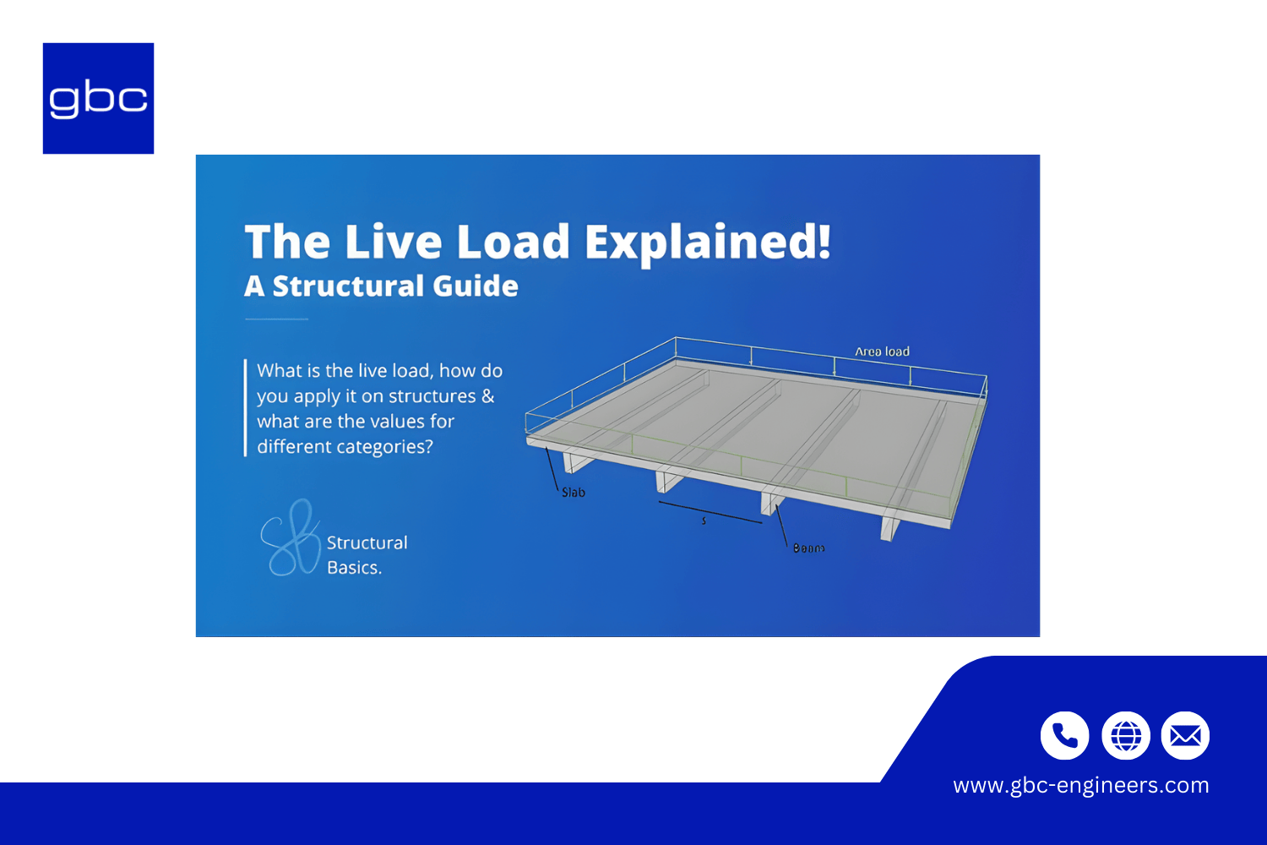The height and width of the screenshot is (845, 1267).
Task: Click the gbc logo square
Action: coord(98,98)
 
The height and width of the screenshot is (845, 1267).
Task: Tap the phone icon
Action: coord(1064,736)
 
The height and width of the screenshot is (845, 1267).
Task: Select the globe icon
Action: coord(1125,736)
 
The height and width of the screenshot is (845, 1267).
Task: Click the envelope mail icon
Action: coord(1185,736)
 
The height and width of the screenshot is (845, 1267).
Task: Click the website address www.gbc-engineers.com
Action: coord(1080,785)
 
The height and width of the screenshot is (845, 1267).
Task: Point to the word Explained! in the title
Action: coord(708,243)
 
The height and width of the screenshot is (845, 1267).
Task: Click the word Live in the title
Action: coord(393,243)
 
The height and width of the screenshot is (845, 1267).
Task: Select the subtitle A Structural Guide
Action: coord(381,286)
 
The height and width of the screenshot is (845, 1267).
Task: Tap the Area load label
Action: coord(882,352)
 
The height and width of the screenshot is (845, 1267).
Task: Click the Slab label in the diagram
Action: coord(574,493)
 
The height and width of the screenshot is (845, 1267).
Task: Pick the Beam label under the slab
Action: coord(808,548)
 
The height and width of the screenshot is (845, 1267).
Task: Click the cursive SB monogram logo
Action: coord(290,538)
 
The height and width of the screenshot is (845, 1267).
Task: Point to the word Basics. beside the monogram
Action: coord(354,568)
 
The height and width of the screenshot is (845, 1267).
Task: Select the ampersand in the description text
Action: coord(488,396)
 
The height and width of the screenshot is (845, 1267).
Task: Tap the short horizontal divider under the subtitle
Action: coord(276,319)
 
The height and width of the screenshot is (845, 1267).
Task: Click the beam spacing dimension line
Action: coord(710,513)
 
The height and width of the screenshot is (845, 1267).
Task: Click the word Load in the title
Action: coord(514,243)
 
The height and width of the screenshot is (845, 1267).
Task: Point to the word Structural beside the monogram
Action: coord(367,542)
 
